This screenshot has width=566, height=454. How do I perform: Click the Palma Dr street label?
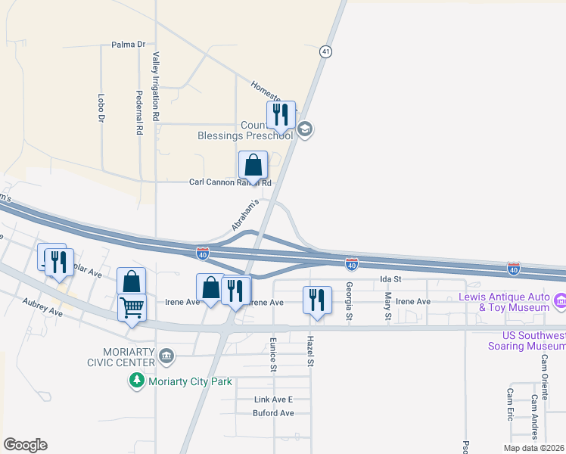(128, 45)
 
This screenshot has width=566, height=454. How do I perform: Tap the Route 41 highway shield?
(325, 51)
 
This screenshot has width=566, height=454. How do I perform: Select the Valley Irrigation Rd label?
(156, 87)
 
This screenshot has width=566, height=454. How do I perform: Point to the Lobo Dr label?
(101, 107)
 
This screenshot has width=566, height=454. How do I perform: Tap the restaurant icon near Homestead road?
(281, 116)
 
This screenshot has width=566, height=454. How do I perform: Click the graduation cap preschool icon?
(305, 129)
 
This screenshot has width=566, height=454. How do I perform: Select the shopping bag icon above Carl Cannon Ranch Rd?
(253, 166)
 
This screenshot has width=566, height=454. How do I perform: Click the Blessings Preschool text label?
(244, 135)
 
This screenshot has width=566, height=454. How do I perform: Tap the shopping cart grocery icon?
(132, 309)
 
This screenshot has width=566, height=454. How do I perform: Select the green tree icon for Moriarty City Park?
(136, 381)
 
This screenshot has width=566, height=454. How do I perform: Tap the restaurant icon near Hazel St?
(316, 300)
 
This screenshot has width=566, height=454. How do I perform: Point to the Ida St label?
(390, 279)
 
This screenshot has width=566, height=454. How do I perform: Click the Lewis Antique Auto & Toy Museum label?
(504, 302)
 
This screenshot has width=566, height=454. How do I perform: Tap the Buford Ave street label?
(274, 413)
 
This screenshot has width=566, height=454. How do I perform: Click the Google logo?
(25, 445)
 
